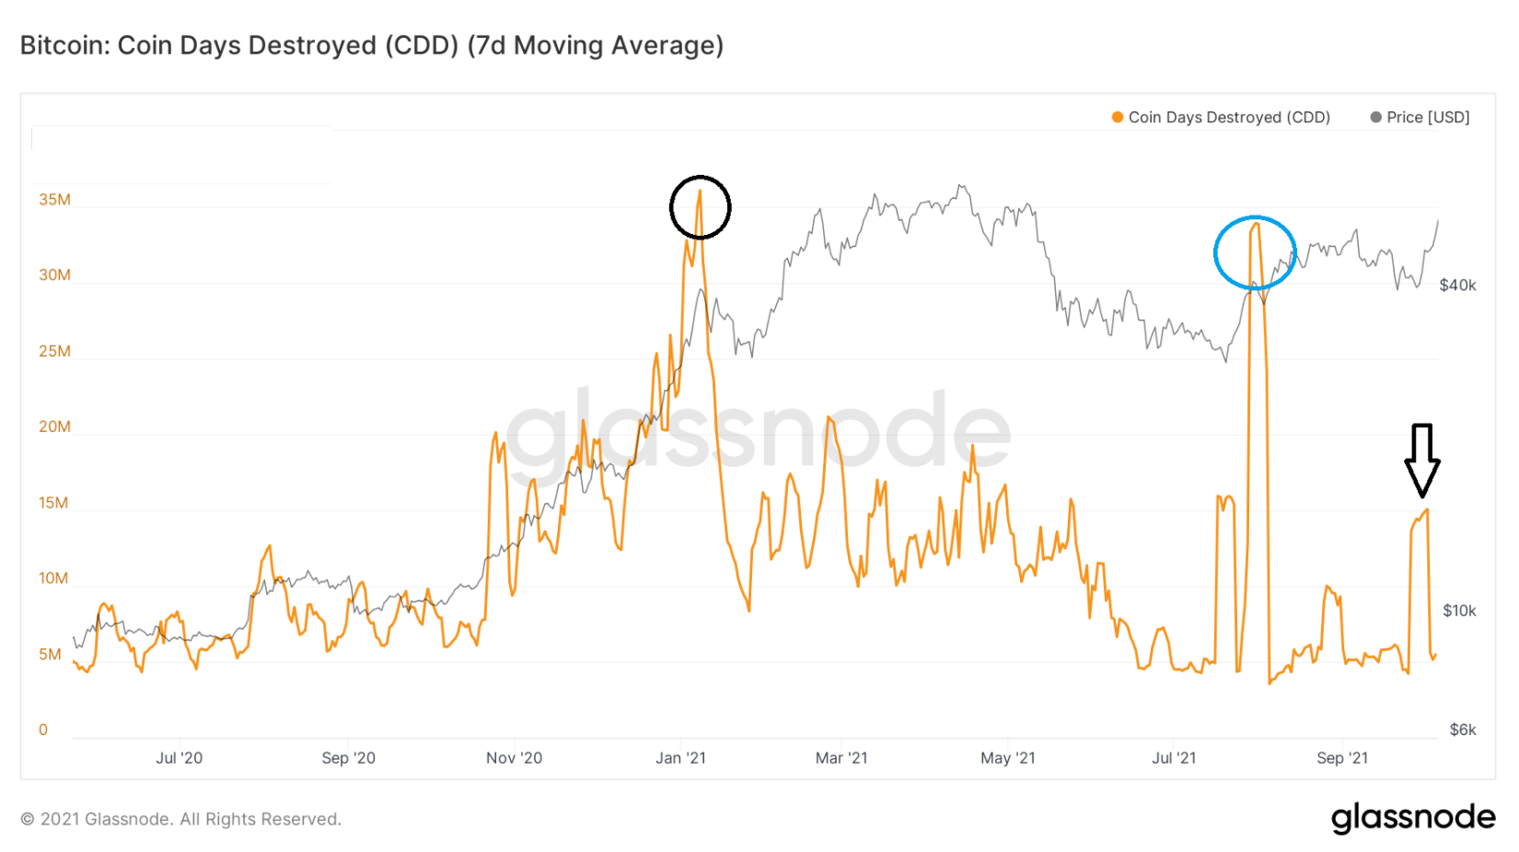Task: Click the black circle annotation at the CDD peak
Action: (700, 207)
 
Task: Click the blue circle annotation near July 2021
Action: (1254, 252)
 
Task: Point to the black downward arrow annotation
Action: (1421, 459)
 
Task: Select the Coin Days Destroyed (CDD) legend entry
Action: (1221, 117)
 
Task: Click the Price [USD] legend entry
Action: (1420, 117)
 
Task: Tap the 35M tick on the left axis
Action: (54, 200)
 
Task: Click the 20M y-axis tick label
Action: (54, 426)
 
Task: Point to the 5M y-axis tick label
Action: (50, 654)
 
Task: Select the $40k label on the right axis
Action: (1457, 286)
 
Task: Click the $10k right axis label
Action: (1459, 611)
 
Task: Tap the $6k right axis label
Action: (1462, 729)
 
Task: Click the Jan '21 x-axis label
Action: (680, 758)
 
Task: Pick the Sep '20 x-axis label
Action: (348, 758)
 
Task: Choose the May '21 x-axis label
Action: (1007, 758)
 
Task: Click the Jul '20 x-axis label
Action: (179, 758)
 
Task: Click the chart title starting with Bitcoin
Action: (372, 45)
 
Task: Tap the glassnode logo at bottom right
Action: (1412, 817)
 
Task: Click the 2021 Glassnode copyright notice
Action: (181, 819)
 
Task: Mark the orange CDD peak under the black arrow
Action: (1426, 510)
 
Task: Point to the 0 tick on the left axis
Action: (43, 729)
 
